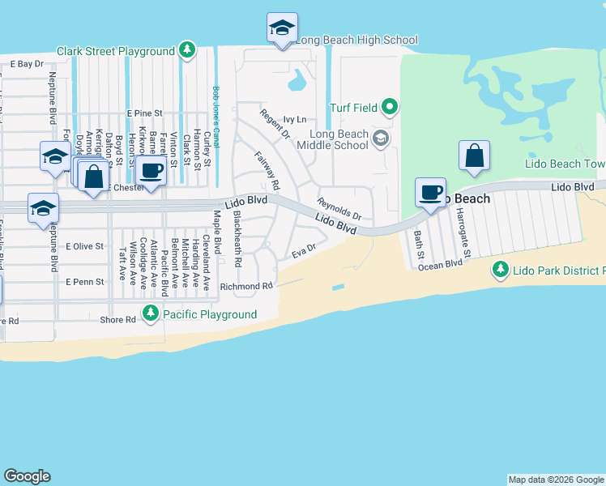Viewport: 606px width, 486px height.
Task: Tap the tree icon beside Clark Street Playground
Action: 187,51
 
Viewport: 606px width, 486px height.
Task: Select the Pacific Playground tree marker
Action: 151,313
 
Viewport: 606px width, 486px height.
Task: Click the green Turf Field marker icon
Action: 390,107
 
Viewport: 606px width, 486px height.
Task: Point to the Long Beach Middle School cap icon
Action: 379,139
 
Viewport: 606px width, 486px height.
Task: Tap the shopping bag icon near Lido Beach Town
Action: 474,156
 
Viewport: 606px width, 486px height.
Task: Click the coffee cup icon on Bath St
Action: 429,192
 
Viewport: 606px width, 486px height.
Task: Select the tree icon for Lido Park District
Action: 501,268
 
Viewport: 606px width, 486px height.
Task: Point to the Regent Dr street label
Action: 274,122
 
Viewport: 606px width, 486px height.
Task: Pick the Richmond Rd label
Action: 250,286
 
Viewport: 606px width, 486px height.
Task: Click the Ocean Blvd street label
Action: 442,263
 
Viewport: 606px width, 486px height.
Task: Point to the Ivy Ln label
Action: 296,119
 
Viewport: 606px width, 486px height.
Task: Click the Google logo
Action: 27,476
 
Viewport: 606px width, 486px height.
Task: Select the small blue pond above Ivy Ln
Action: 297,79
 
